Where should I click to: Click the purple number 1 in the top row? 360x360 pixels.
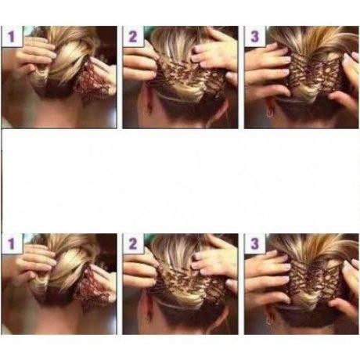[11, 37]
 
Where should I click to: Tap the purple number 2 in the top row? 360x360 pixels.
[132, 37]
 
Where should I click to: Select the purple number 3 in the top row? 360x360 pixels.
[254, 37]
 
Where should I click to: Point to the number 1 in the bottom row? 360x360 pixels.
[11, 244]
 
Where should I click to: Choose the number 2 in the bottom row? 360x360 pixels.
[132, 244]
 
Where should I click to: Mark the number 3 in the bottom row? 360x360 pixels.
[254, 243]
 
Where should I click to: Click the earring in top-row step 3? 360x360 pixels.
[269, 113]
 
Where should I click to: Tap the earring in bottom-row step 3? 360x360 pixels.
[268, 322]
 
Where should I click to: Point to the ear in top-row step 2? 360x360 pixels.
[148, 103]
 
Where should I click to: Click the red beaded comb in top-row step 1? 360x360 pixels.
[92, 80]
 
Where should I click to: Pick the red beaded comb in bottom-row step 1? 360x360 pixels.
[92, 288]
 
